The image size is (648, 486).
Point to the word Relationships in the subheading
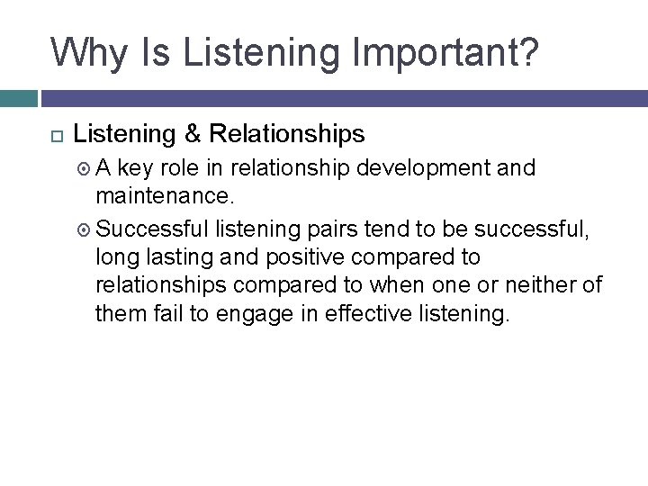pos(286,134)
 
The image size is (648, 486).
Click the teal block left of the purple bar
pos(18,97)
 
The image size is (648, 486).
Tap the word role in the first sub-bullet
pos(182,168)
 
